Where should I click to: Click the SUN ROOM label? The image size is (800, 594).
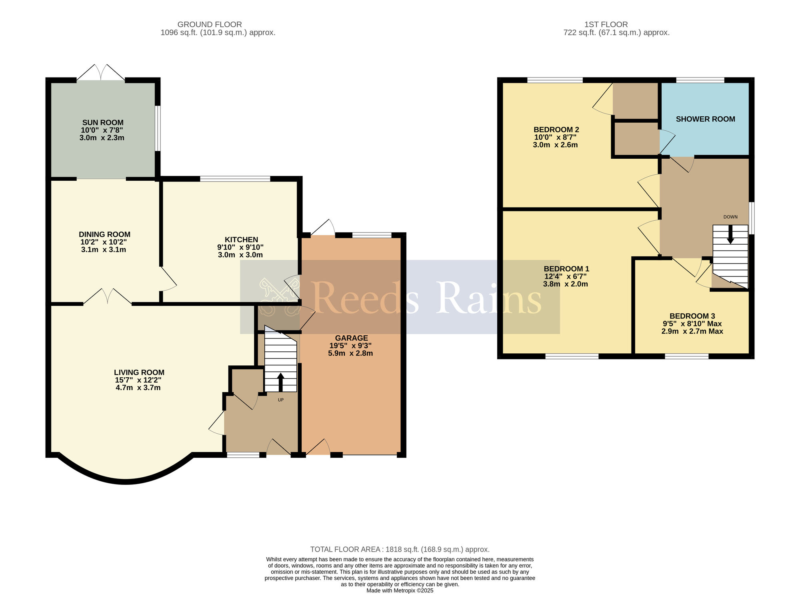[103, 123]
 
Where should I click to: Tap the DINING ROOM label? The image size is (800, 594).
[104, 235]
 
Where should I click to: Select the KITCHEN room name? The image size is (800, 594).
[241, 239]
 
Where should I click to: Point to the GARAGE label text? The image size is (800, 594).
[351, 338]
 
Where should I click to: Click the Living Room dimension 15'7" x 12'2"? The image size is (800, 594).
[138, 380]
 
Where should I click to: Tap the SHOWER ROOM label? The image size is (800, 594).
[705, 119]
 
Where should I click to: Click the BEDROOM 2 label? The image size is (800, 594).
[556, 130]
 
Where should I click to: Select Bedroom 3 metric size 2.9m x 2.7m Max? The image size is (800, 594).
[692, 331]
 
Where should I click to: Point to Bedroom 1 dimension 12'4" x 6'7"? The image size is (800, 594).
[566, 277]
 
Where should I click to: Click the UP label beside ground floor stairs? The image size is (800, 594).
[281, 400]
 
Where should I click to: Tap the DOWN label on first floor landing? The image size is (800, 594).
[730, 217]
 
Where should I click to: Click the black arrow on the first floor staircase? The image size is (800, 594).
[730, 235]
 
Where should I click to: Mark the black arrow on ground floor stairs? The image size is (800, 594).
[280, 382]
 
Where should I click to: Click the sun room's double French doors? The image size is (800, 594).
[101, 73]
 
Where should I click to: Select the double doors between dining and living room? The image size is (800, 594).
[107, 297]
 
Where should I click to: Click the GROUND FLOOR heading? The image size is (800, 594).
[210, 24]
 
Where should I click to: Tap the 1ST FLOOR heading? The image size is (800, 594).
[606, 24]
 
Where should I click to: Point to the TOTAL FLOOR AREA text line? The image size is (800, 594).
[400, 550]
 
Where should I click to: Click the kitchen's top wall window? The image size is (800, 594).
[235, 179]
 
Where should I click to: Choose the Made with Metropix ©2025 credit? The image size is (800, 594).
[400, 590]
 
